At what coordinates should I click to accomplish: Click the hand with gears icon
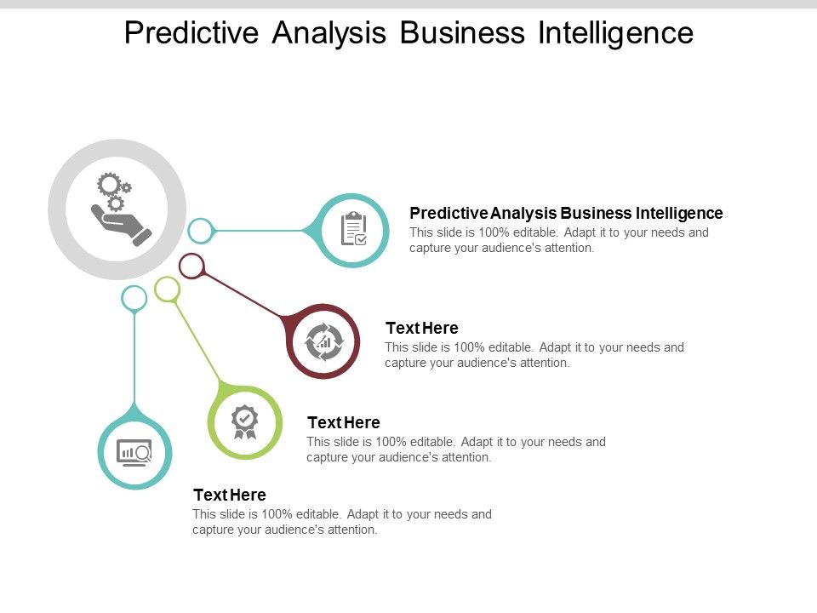117,209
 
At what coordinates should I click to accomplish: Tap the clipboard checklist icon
353,230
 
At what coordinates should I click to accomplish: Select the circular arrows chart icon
324,341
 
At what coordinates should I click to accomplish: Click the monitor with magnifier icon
134,452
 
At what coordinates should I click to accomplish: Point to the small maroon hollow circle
192,266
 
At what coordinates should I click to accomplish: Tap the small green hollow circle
168,289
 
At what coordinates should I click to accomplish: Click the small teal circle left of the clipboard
200,230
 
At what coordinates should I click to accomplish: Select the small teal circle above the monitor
134,298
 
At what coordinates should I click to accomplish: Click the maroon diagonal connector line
243,295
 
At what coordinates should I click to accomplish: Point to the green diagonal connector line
197,340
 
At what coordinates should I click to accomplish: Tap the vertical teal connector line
134,358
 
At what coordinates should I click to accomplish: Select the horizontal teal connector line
260,230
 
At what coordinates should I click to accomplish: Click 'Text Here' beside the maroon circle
422,329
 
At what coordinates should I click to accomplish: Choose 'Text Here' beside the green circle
343,422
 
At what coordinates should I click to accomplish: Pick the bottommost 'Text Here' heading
230,496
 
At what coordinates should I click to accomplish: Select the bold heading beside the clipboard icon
566,213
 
